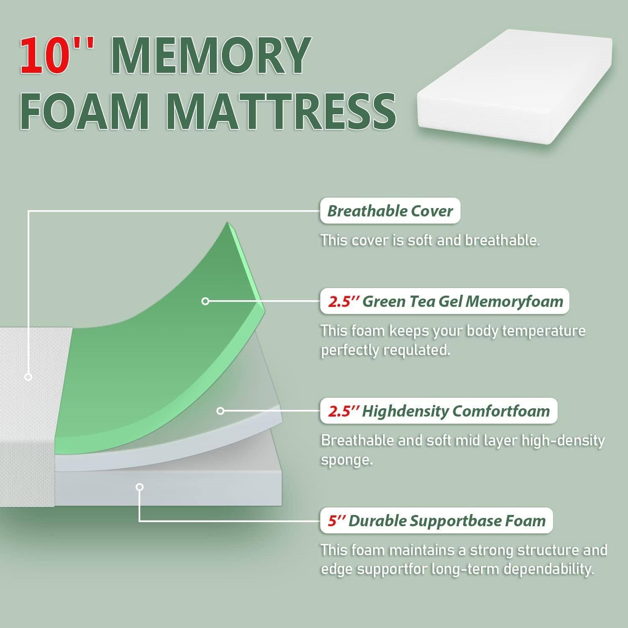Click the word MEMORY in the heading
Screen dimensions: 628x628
212,56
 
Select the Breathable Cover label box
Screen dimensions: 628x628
390,211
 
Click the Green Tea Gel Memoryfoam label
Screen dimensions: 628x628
445,301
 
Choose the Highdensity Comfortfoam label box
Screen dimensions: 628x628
438,411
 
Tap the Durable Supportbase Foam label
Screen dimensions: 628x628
436,521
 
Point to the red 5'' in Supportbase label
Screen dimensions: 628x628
336,521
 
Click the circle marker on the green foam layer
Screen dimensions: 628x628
205,301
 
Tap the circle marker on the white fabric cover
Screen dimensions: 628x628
28,377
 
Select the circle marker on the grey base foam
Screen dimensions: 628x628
140,487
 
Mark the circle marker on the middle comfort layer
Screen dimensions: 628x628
221,411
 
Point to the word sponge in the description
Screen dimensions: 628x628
347,461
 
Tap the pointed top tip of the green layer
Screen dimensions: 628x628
228,222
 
